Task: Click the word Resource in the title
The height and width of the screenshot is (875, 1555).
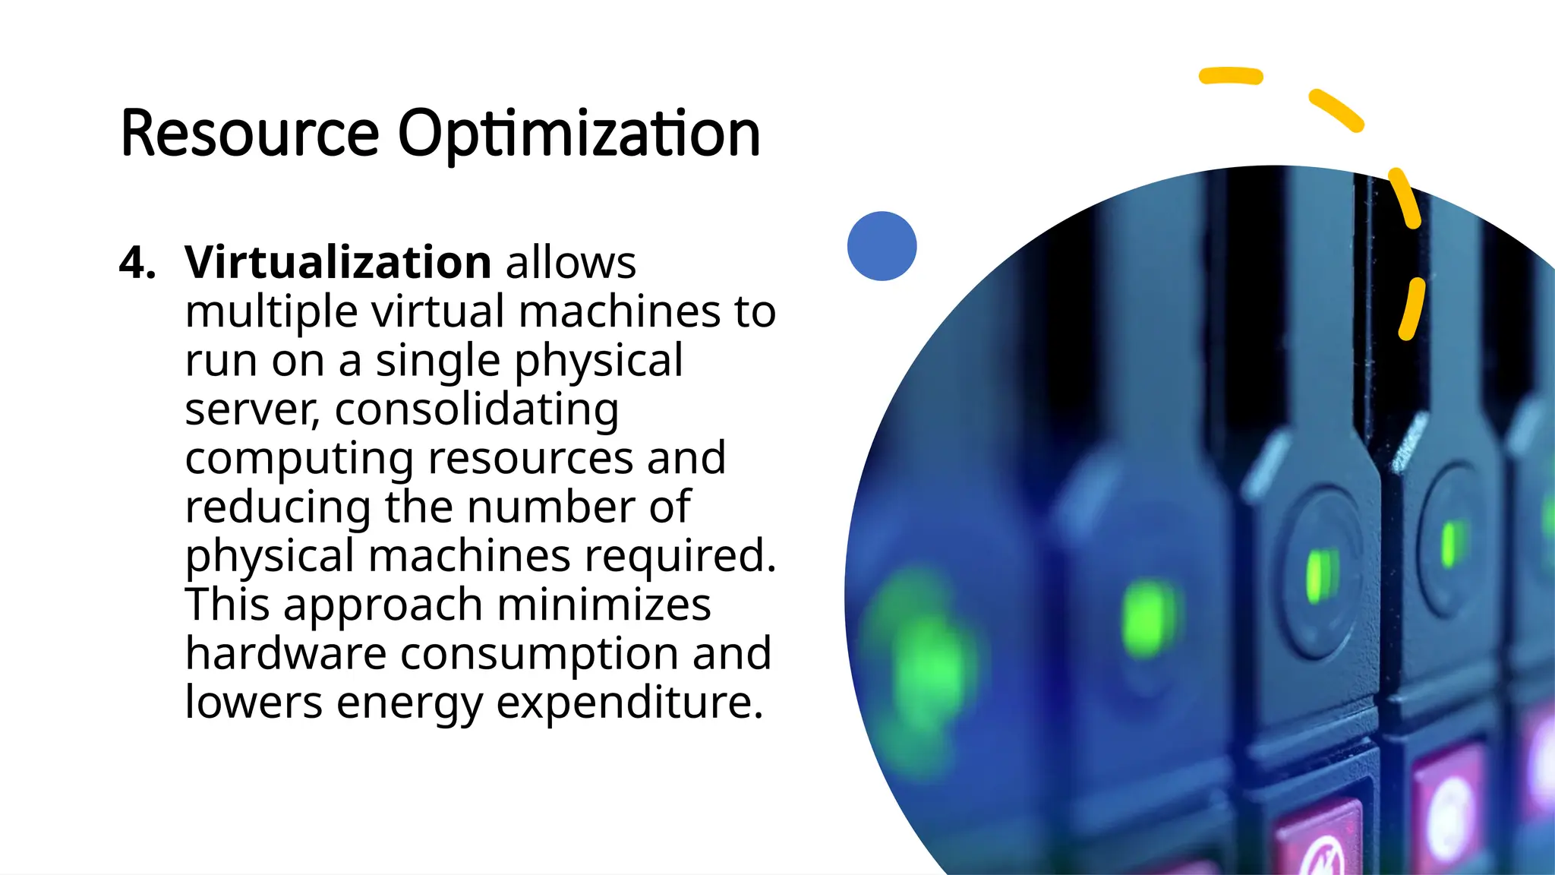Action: pyautogui.click(x=249, y=134)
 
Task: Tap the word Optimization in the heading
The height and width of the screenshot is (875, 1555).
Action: pyautogui.click(x=579, y=135)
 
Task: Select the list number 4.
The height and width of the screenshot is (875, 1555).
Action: pyautogui.click(x=137, y=263)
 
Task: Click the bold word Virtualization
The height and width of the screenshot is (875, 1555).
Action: pyautogui.click(x=338, y=263)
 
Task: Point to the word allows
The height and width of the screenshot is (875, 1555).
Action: pyautogui.click(x=571, y=263)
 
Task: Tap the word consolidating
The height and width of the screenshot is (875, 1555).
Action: pyautogui.click(x=477, y=410)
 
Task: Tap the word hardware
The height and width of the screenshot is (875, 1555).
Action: pyautogui.click(x=285, y=653)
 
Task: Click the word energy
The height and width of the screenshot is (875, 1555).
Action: pyautogui.click(x=408, y=703)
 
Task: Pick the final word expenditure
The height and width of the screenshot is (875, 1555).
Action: pyautogui.click(x=629, y=703)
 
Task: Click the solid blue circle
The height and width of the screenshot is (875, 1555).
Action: pyautogui.click(x=882, y=246)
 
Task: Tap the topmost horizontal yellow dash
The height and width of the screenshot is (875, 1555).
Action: pyautogui.click(x=1230, y=76)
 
